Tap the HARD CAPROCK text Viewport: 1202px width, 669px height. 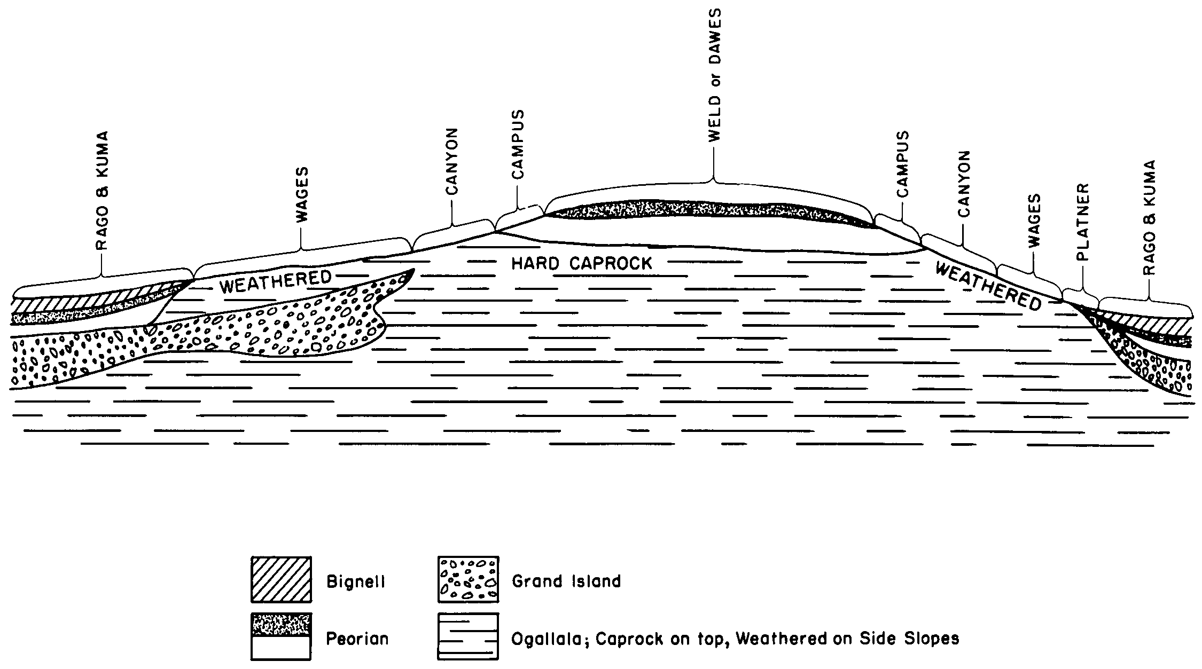[x=582, y=263]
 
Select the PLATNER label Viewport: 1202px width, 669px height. [x=1083, y=222]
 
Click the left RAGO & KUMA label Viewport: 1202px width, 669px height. [x=102, y=191]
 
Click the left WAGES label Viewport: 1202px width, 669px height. [x=302, y=195]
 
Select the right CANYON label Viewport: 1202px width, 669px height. [x=963, y=184]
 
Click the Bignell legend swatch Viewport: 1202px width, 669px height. [x=281, y=579]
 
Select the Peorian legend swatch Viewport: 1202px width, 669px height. [x=281, y=636]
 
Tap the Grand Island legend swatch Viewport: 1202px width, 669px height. [x=468, y=579]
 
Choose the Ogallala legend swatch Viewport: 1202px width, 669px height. [x=468, y=636]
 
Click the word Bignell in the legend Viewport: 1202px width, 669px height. [x=356, y=582]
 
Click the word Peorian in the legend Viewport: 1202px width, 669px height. [x=357, y=639]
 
